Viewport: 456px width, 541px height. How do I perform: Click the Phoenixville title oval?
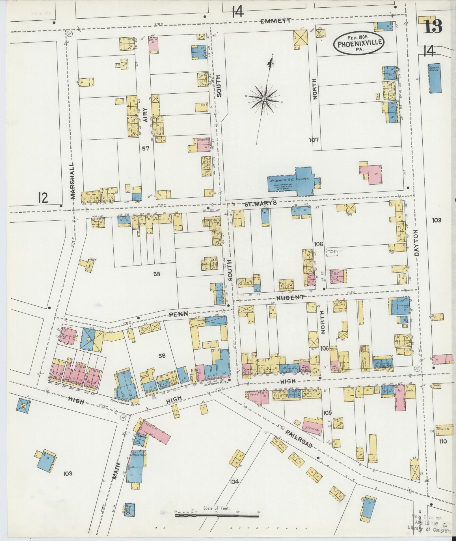tap(358, 44)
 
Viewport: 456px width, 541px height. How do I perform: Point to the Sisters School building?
tap(434, 78)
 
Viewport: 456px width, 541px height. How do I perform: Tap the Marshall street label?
tap(73, 181)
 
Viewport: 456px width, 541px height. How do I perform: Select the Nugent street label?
tap(290, 297)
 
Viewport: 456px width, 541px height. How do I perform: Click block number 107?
tap(314, 140)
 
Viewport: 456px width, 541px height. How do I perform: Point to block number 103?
tap(68, 473)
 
